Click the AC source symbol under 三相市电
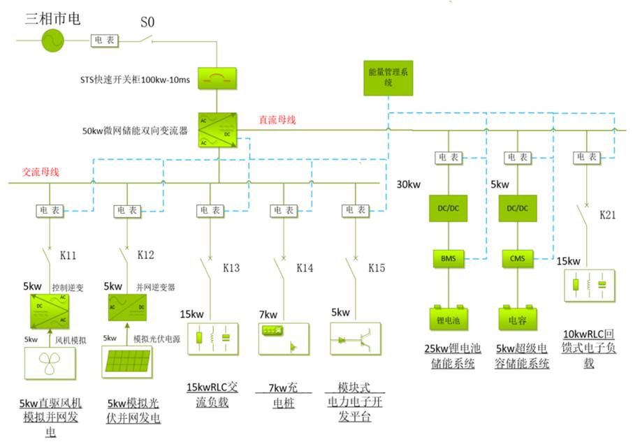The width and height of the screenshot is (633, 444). pos(52,40)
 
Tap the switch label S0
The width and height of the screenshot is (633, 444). pos(147,22)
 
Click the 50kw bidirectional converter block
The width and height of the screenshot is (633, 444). pos(217,130)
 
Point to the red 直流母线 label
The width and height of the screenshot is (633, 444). pos(277,119)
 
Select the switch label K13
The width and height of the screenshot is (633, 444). pos(231,268)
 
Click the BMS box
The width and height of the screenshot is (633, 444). pos(447,258)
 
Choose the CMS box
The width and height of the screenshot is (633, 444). pos(518,258)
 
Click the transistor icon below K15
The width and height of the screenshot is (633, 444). pos(354,339)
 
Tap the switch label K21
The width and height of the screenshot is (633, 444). pos(608,215)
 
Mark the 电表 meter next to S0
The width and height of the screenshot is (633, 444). pos(105,40)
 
